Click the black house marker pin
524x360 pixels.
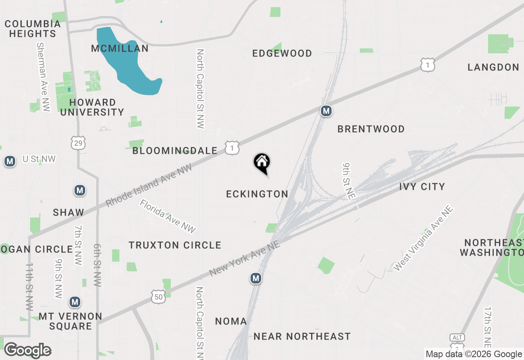[x=262, y=162]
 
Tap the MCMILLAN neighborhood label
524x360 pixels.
[x=120, y=49]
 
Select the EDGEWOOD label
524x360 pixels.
[x=282, y=54]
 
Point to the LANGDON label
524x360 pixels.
[x=493, y=67]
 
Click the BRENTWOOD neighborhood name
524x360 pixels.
[x=371, y=129]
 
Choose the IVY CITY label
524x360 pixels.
[x=422, y=187]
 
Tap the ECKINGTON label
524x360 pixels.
[x=257, y=194]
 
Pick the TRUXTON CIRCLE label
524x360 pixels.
[x=175, y=245]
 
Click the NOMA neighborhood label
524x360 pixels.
[x=231, y=322]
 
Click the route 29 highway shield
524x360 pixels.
[x=78, y=142]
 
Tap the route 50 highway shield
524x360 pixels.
[x=158, y=297]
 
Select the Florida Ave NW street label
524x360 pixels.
[x=168, y=216]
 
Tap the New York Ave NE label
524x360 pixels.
[x=244, y=258]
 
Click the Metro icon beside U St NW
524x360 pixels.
[x=10, y=161]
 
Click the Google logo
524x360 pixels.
[x=27, y=350]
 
